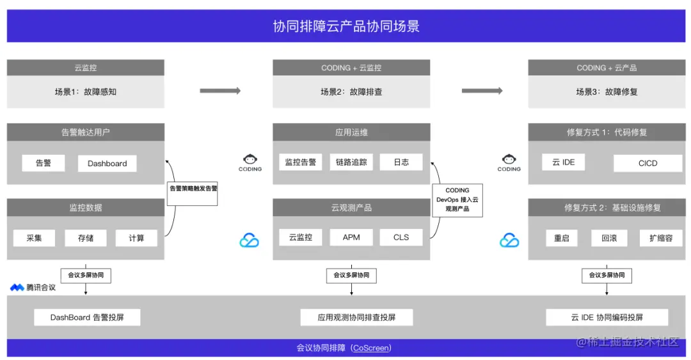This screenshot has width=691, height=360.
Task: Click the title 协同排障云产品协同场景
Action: tap(345, 26)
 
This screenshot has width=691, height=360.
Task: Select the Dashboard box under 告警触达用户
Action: tap(107, 163)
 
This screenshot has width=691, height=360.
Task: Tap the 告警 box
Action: tap(44, 163)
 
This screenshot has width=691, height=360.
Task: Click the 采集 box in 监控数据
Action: tap(34, 238)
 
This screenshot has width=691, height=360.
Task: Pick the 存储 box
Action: tap(85, 238)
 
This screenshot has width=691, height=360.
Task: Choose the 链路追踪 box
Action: tap(351, 162)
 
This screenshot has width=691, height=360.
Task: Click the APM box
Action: tap(351, 237)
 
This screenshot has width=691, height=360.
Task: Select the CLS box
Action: tap(401, 237)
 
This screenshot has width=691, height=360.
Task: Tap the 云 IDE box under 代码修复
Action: tap(563, 162)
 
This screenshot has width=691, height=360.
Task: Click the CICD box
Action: tap(647, 163)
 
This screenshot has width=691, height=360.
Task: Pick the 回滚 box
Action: tap(608, 238)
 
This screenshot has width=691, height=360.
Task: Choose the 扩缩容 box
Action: tap(660, 238)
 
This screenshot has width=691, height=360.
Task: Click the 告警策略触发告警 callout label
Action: tap(193, 189)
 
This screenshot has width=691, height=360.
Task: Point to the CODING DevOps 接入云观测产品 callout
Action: tap(457, 199)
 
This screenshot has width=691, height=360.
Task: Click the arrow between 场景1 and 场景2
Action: tap(219, 91)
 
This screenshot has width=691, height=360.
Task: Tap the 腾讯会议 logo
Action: tap(33, 288)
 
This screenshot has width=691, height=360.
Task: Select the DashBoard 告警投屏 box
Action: tap(87, 317)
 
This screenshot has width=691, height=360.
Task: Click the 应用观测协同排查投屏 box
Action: tap(356, 317)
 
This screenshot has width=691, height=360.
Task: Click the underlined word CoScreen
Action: tap(371, 348)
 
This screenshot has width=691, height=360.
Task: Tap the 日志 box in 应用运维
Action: tap(401, 162)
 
